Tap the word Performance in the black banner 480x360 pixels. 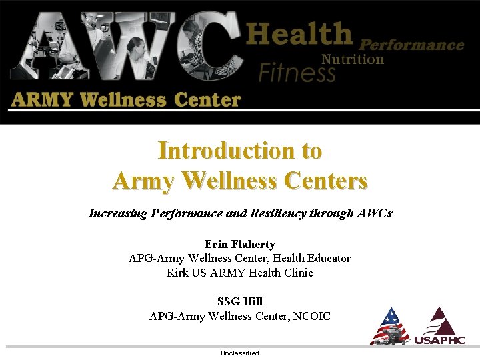click(411, 45)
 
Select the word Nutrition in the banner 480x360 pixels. click(353, 59)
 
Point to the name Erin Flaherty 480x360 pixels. click(239, 245)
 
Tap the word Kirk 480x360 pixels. click(177, 273)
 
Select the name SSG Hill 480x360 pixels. click(239, 302)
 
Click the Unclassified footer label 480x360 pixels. click(239, 353)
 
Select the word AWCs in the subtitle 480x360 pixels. click(373, 214)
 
